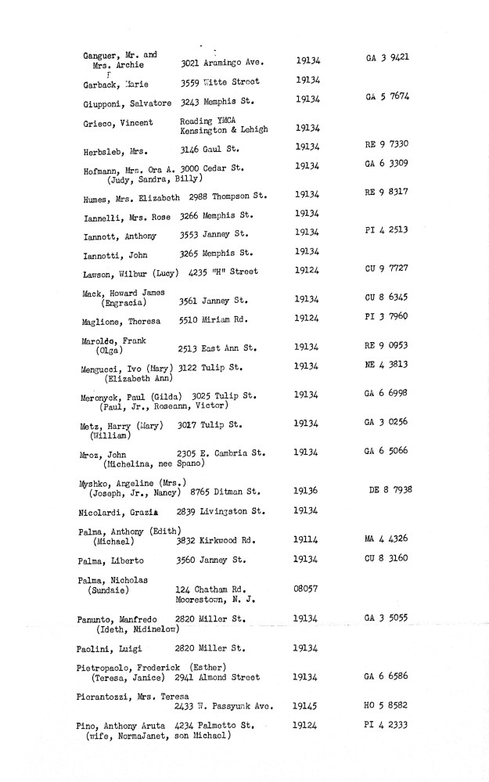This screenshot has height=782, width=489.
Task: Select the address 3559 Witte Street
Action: pos(220,82)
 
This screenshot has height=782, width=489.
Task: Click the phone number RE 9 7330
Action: pos(387,146)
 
